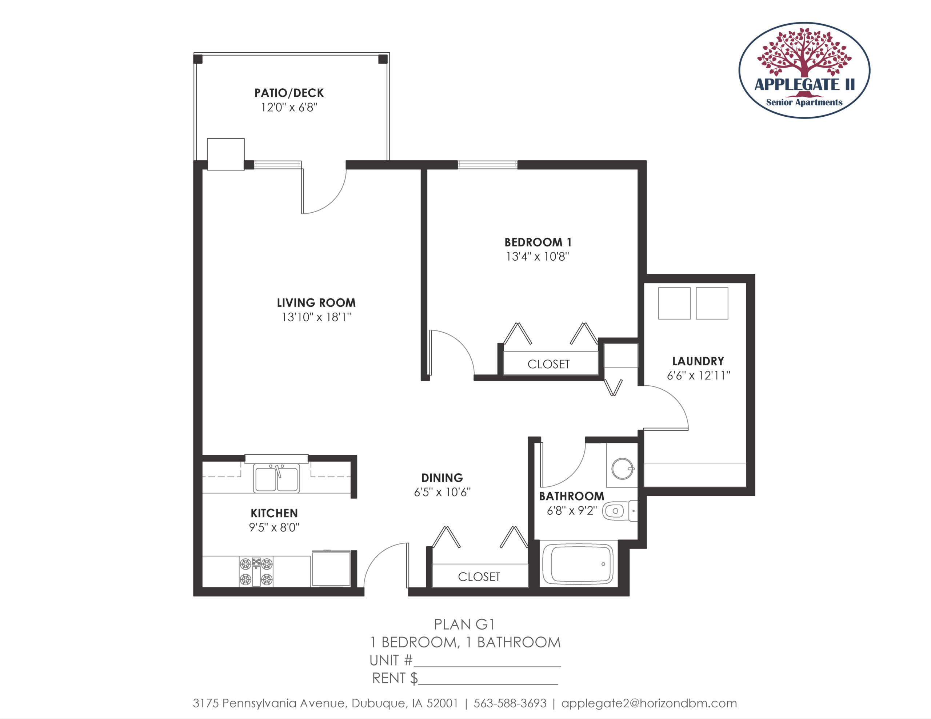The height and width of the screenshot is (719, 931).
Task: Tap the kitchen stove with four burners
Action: point(256,571)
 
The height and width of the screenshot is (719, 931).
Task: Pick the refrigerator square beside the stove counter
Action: point(331,569)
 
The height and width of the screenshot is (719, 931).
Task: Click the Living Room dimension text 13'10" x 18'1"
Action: point(316,317)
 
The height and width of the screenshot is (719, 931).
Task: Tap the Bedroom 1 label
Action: point(538,242)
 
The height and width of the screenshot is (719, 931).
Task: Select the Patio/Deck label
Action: point(289,93)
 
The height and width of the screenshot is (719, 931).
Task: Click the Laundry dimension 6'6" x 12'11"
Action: point(698,375)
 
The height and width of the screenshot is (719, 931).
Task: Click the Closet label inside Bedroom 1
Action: point(549,364)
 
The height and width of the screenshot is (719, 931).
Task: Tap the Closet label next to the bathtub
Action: point(479,577)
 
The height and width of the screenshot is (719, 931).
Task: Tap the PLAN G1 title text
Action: point(464,624)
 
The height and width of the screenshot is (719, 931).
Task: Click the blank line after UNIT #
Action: point(487,666)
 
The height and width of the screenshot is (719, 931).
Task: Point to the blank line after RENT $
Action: point(488,684)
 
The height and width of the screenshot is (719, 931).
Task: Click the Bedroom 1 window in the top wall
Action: point(488,165)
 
